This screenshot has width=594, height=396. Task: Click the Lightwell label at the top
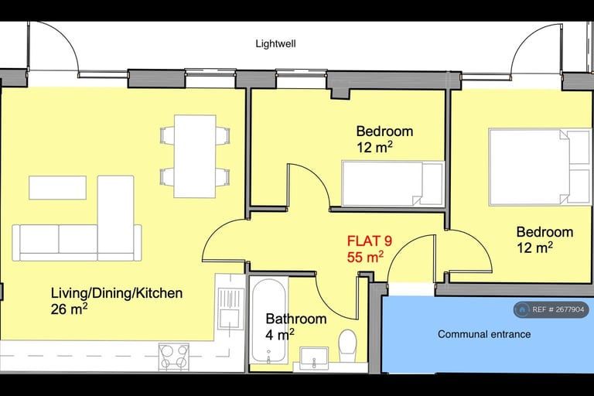point(275,44)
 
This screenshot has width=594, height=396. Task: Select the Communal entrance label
point(484,334)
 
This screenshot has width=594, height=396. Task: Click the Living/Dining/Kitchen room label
point(117,293)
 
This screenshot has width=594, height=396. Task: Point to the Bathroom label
point(295,319)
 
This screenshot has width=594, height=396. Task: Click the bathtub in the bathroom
point(269,319)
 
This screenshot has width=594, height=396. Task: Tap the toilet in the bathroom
point(347,343)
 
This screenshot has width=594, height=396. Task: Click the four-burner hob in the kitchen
point(174,356)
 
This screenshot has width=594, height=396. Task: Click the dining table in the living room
point(194,155)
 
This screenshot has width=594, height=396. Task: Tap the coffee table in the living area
point(57,187)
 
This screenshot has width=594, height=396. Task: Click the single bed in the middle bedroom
point(392,184)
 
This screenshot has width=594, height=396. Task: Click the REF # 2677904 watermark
point(551,309)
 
